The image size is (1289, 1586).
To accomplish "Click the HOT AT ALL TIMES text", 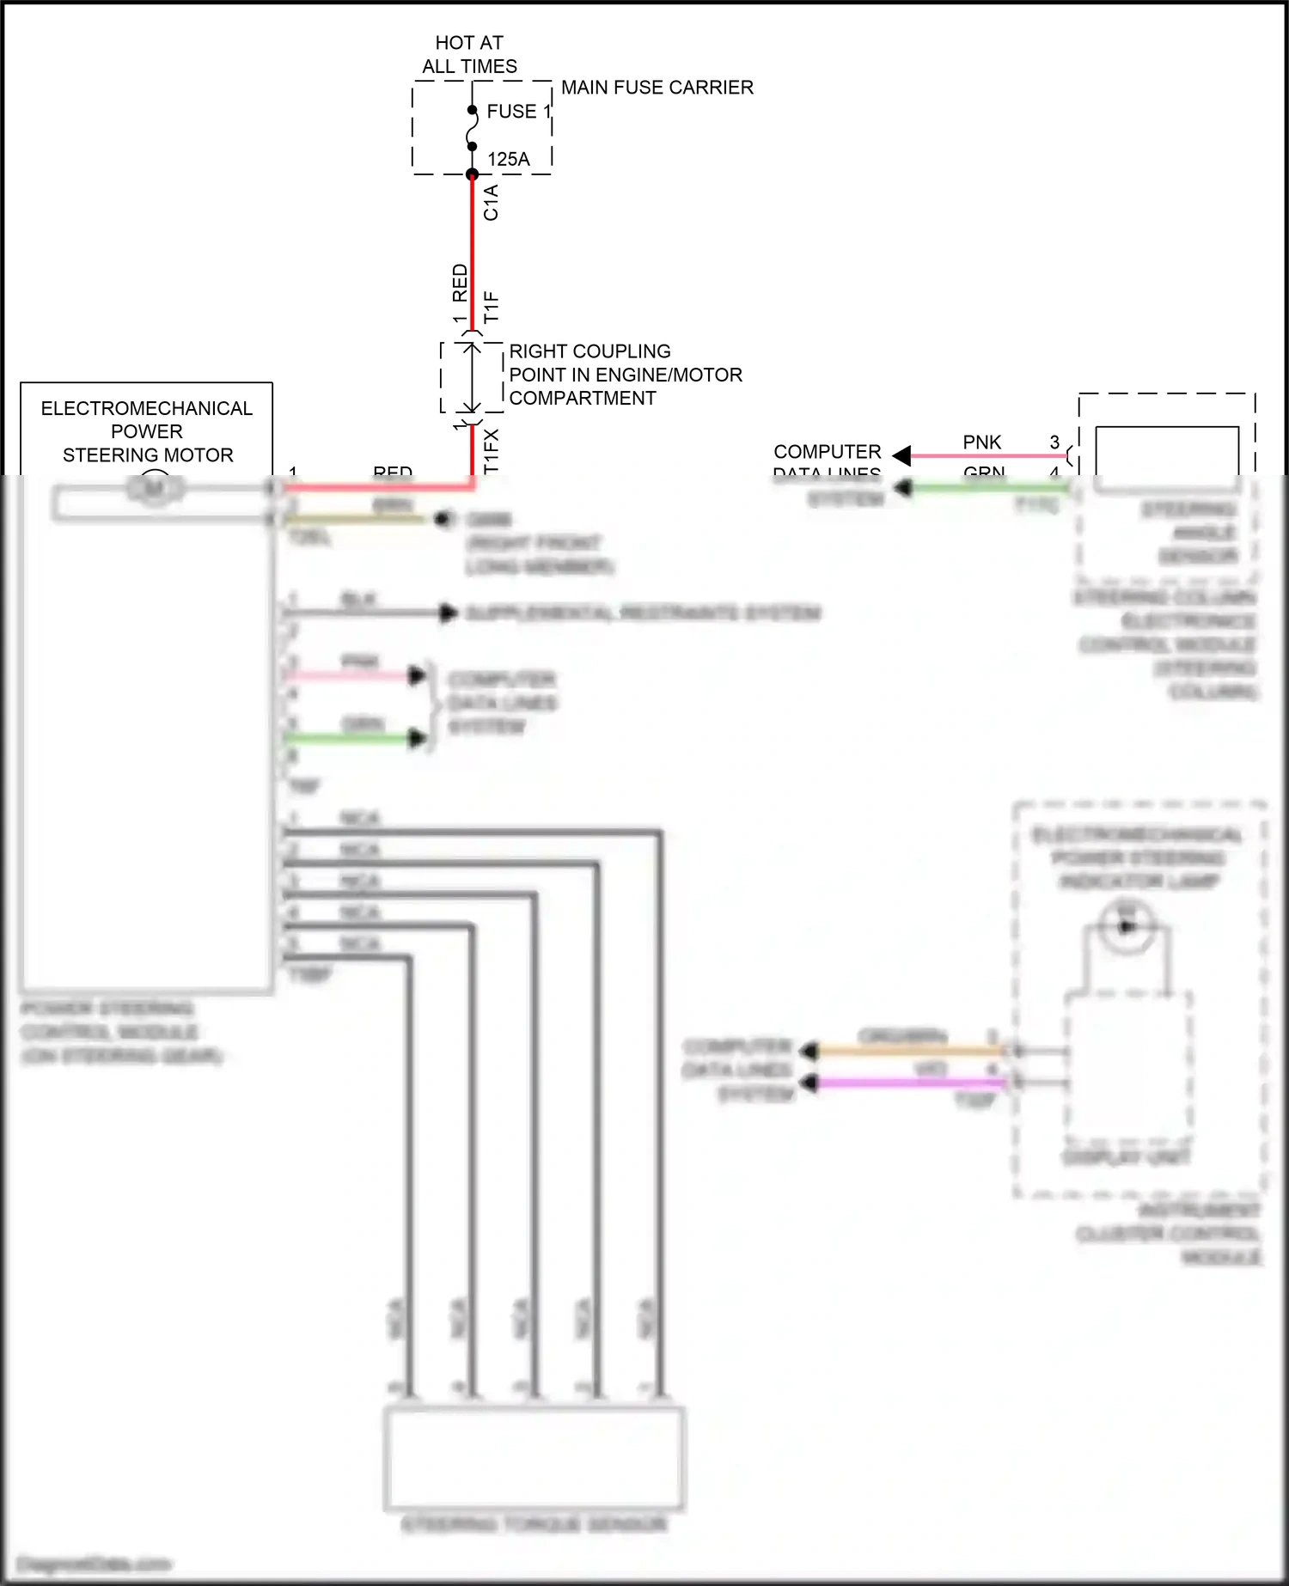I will pyautogui.click(x=469, y=54).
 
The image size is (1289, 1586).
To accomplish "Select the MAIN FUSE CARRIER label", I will pyautogui.click(x=657, y=88).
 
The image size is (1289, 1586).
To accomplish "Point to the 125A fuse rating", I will pyautogui.click(x=508, y=159).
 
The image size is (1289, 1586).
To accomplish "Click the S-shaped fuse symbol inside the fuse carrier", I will pyautogui.click(x=472, y=129).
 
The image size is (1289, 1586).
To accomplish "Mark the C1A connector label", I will pyautogui.click(x=491, y=203).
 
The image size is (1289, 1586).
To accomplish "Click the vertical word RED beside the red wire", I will pyautogui.click(x=460, y=283).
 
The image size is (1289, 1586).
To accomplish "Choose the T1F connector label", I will pyautogui.click(x=491, y=307).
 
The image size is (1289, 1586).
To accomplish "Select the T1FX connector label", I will pyautogui.click(x=491, y=451).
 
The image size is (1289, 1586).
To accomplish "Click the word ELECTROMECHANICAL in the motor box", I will pyautogui.click(x=146, y=408).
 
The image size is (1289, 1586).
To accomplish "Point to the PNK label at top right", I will pyautogui.click(x=981, y=442).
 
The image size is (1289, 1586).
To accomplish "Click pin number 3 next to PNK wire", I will pyautogui.click(x=1054, y=442).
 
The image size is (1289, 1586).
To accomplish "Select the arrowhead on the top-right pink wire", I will pyautogui.click(x=901, y=455).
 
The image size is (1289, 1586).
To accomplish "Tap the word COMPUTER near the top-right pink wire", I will pyautogui.click(x=827, y=452).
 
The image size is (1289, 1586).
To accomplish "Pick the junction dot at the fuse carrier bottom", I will pyautogui.click(x=472, y=174).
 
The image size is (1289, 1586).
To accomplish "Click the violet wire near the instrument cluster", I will pyautogui.click(x=911, y=1083).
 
